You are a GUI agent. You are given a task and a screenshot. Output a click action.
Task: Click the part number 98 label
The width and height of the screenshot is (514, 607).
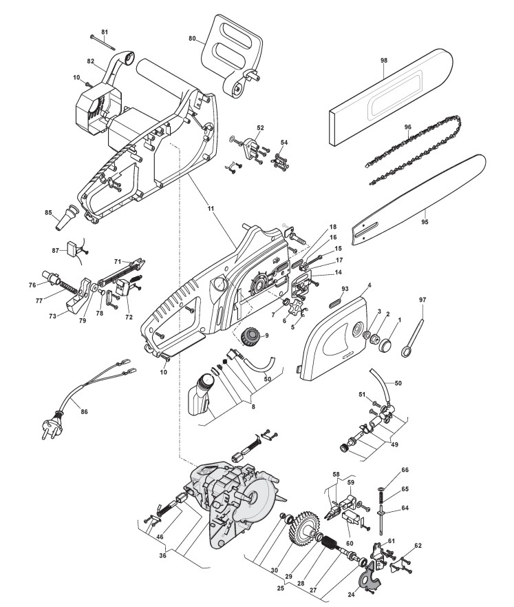click(x=383, y=61)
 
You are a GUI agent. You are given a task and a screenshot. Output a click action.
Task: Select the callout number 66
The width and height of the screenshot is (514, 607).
click(x=404, y=471)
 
